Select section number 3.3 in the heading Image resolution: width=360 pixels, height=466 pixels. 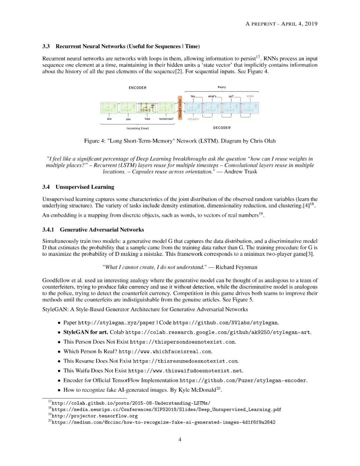[46, 46]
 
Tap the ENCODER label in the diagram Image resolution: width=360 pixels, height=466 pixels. [137, 88]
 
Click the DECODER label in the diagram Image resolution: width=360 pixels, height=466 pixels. [222, 128]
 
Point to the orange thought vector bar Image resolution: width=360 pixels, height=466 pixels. [180, 108]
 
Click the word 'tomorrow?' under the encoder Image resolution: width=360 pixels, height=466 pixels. [166, 119]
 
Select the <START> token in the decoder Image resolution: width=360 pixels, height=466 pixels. [193, 119]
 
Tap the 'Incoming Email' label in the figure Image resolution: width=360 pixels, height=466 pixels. [138, 128]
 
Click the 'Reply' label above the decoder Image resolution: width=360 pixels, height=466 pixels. [222, 87]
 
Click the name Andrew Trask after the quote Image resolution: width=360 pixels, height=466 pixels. [240, 171]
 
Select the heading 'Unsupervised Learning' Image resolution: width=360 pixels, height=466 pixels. [85, 187]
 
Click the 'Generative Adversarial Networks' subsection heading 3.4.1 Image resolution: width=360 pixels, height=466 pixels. [102, 229]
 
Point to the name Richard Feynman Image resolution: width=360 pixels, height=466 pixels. [236, 267]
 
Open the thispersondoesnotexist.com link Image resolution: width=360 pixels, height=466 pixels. [182, 342]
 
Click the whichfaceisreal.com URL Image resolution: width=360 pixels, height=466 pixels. [165, 352]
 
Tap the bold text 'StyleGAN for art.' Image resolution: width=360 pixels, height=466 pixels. [86, 332]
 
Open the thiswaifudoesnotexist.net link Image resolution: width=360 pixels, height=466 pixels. [185, 371]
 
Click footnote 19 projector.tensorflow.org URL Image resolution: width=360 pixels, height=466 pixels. [95, 416]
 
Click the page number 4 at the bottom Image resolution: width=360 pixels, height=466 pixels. [180, 439]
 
